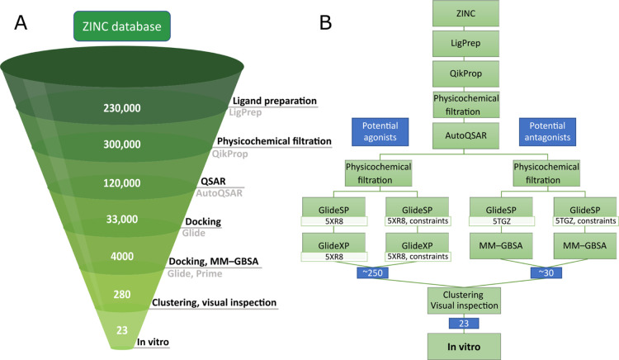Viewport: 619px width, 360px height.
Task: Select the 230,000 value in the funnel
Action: click(x=121, y=108)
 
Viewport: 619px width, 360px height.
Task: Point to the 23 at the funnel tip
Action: click(x=121, y=329)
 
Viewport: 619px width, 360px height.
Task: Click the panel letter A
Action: click(x=22, y=26)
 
